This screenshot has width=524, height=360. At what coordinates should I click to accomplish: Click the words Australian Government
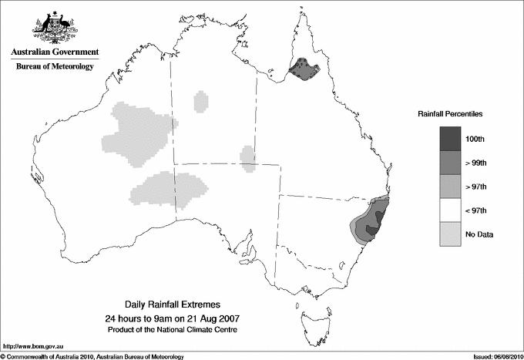(x=55, y=52)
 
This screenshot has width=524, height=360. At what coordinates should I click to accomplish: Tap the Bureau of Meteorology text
(x=55, y=66)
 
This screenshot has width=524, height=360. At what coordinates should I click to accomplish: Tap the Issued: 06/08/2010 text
(x=493, y=355)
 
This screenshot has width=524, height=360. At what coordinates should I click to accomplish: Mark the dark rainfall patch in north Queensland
(x=304, y=70)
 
